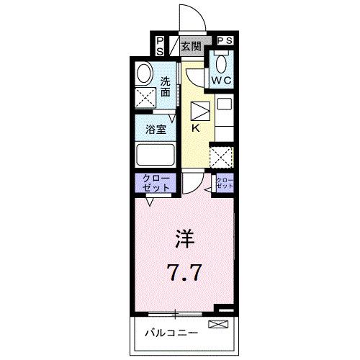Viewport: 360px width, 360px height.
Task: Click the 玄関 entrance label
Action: tap(191, 48)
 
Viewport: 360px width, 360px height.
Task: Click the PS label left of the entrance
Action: tap(159, 46)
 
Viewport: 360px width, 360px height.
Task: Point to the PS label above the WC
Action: tap(224, 41)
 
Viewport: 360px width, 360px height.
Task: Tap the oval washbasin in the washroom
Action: tap(144, 74)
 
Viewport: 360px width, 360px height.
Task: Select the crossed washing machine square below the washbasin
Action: tap(146, 98)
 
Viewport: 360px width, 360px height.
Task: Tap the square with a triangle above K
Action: tap(199, 111)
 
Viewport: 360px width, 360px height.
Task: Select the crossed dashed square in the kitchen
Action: tap(220, 156)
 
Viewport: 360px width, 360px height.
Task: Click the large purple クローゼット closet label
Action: tap(152, 183)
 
